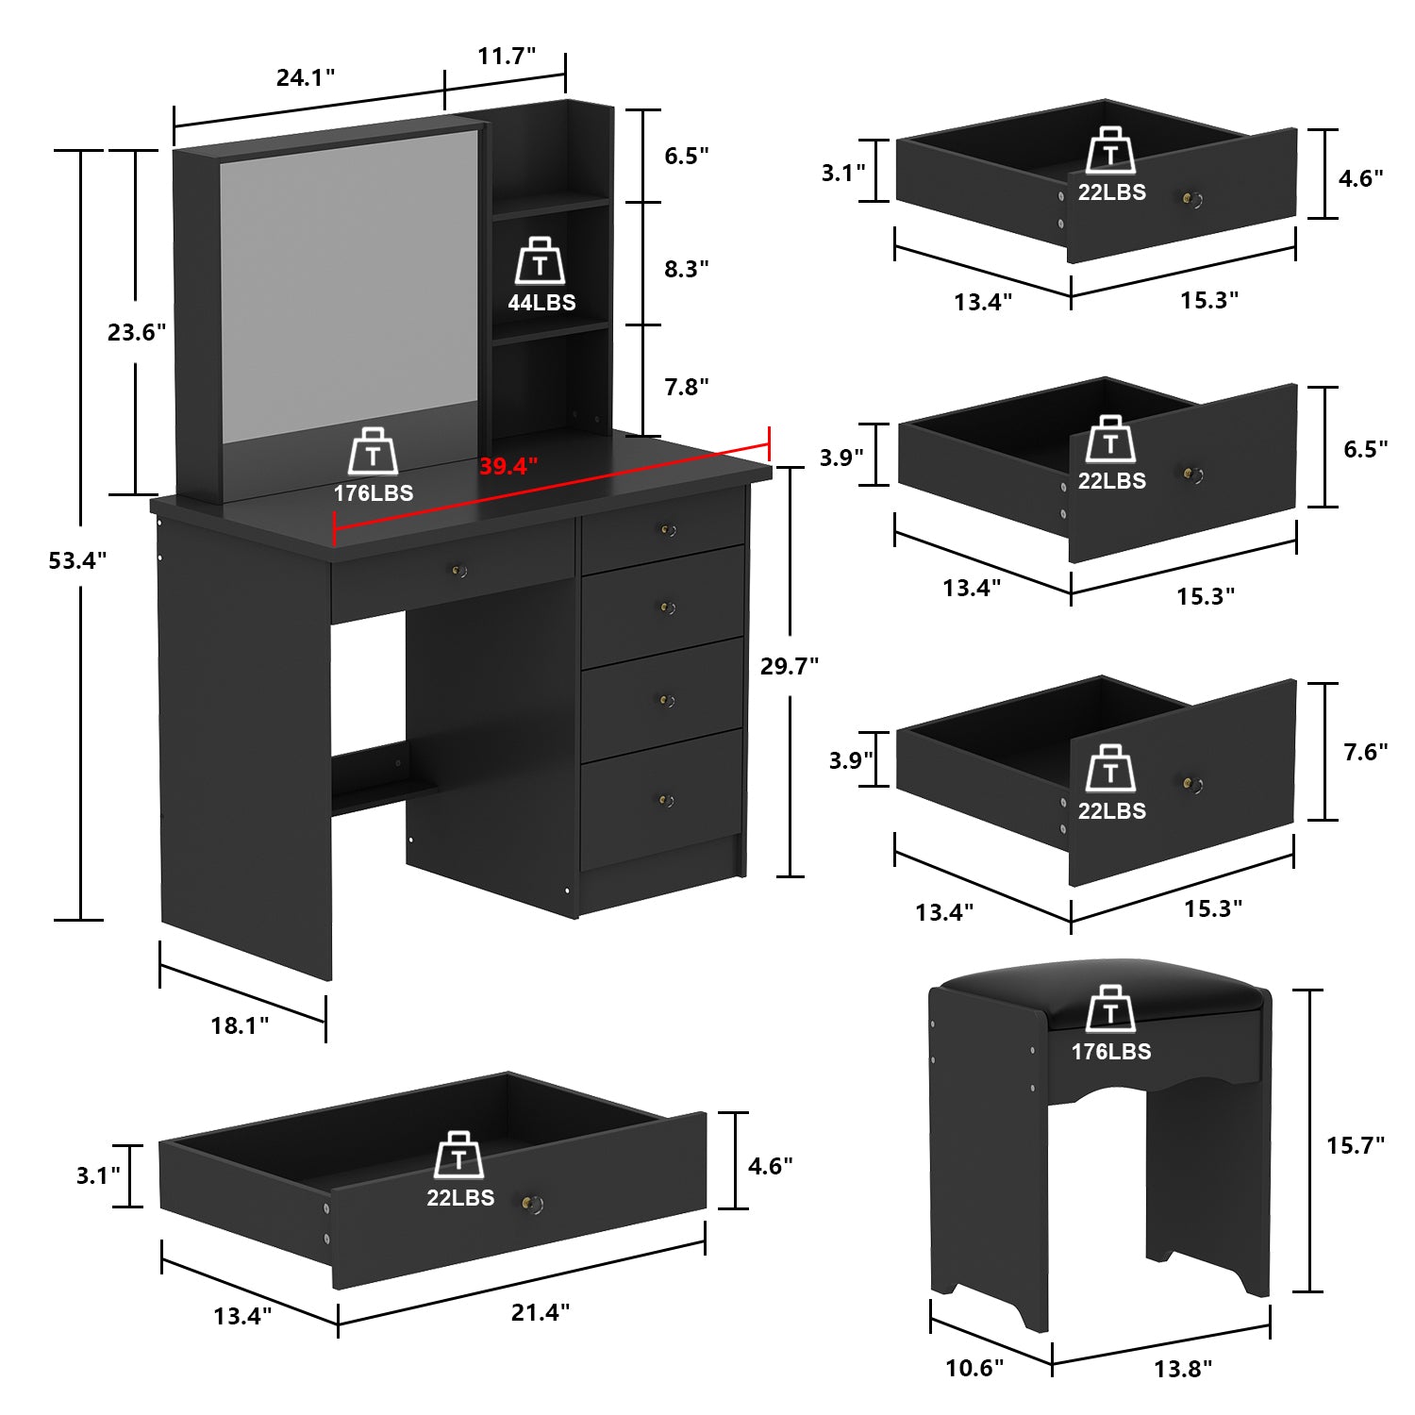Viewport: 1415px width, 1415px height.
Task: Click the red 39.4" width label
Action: click(508, 466)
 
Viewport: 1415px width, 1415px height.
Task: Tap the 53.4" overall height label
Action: click(78, 560)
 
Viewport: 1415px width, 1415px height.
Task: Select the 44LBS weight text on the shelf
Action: click(541, 303)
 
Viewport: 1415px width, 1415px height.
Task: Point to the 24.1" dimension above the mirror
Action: click(306, 77)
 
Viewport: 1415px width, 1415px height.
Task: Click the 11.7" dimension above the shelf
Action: click(507, 56)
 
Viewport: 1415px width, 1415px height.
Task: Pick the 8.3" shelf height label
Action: click(687, 269)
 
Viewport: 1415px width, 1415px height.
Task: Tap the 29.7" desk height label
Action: click(790, 666)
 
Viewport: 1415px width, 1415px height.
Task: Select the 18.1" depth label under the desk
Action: click(240, 1025)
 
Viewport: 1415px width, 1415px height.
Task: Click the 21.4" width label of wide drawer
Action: click(541, 1312)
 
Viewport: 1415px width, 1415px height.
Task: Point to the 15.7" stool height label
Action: click(1356, 1145)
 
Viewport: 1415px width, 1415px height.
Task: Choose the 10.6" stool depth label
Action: click(974, 1368)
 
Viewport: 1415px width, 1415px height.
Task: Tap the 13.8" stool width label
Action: click(1183, 1369)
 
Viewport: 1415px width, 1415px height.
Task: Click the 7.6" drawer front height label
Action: click(1366, 752)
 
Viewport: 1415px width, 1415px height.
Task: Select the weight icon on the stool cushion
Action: click(1110, 1009)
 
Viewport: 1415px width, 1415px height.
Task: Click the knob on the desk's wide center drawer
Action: click(460, 571)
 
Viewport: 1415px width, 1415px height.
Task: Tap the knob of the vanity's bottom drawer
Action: click(666, 801)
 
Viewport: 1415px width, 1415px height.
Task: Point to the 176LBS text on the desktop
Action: click(374, 493)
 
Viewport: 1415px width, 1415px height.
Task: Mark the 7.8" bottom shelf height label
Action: click(687, 387)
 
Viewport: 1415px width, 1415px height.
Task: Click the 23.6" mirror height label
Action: click(137, 332)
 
